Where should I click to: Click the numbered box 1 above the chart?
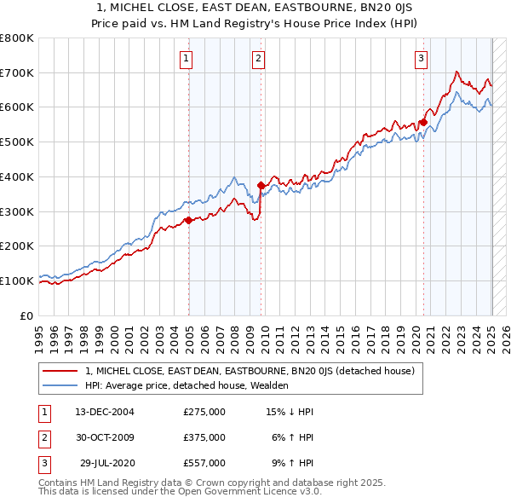click(x=186, y=58)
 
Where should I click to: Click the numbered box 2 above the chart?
click(x=257, y=58)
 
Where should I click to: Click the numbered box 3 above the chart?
click(x=421, y=58)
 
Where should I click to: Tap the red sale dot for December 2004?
click(x=189, y=220)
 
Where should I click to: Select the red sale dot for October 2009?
click(x=261, y=185)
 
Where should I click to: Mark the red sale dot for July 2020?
click(x=423, y=122)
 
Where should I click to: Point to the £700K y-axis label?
click(x=17, y=73)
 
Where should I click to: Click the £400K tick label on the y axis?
click(x=17, y=177)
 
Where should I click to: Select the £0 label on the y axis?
click(x=26, y=315)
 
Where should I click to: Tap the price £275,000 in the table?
click(x=204, y=412)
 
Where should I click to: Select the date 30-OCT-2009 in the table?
click(x=105, y=437)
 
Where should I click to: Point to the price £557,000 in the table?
click(x=204, y=463)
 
